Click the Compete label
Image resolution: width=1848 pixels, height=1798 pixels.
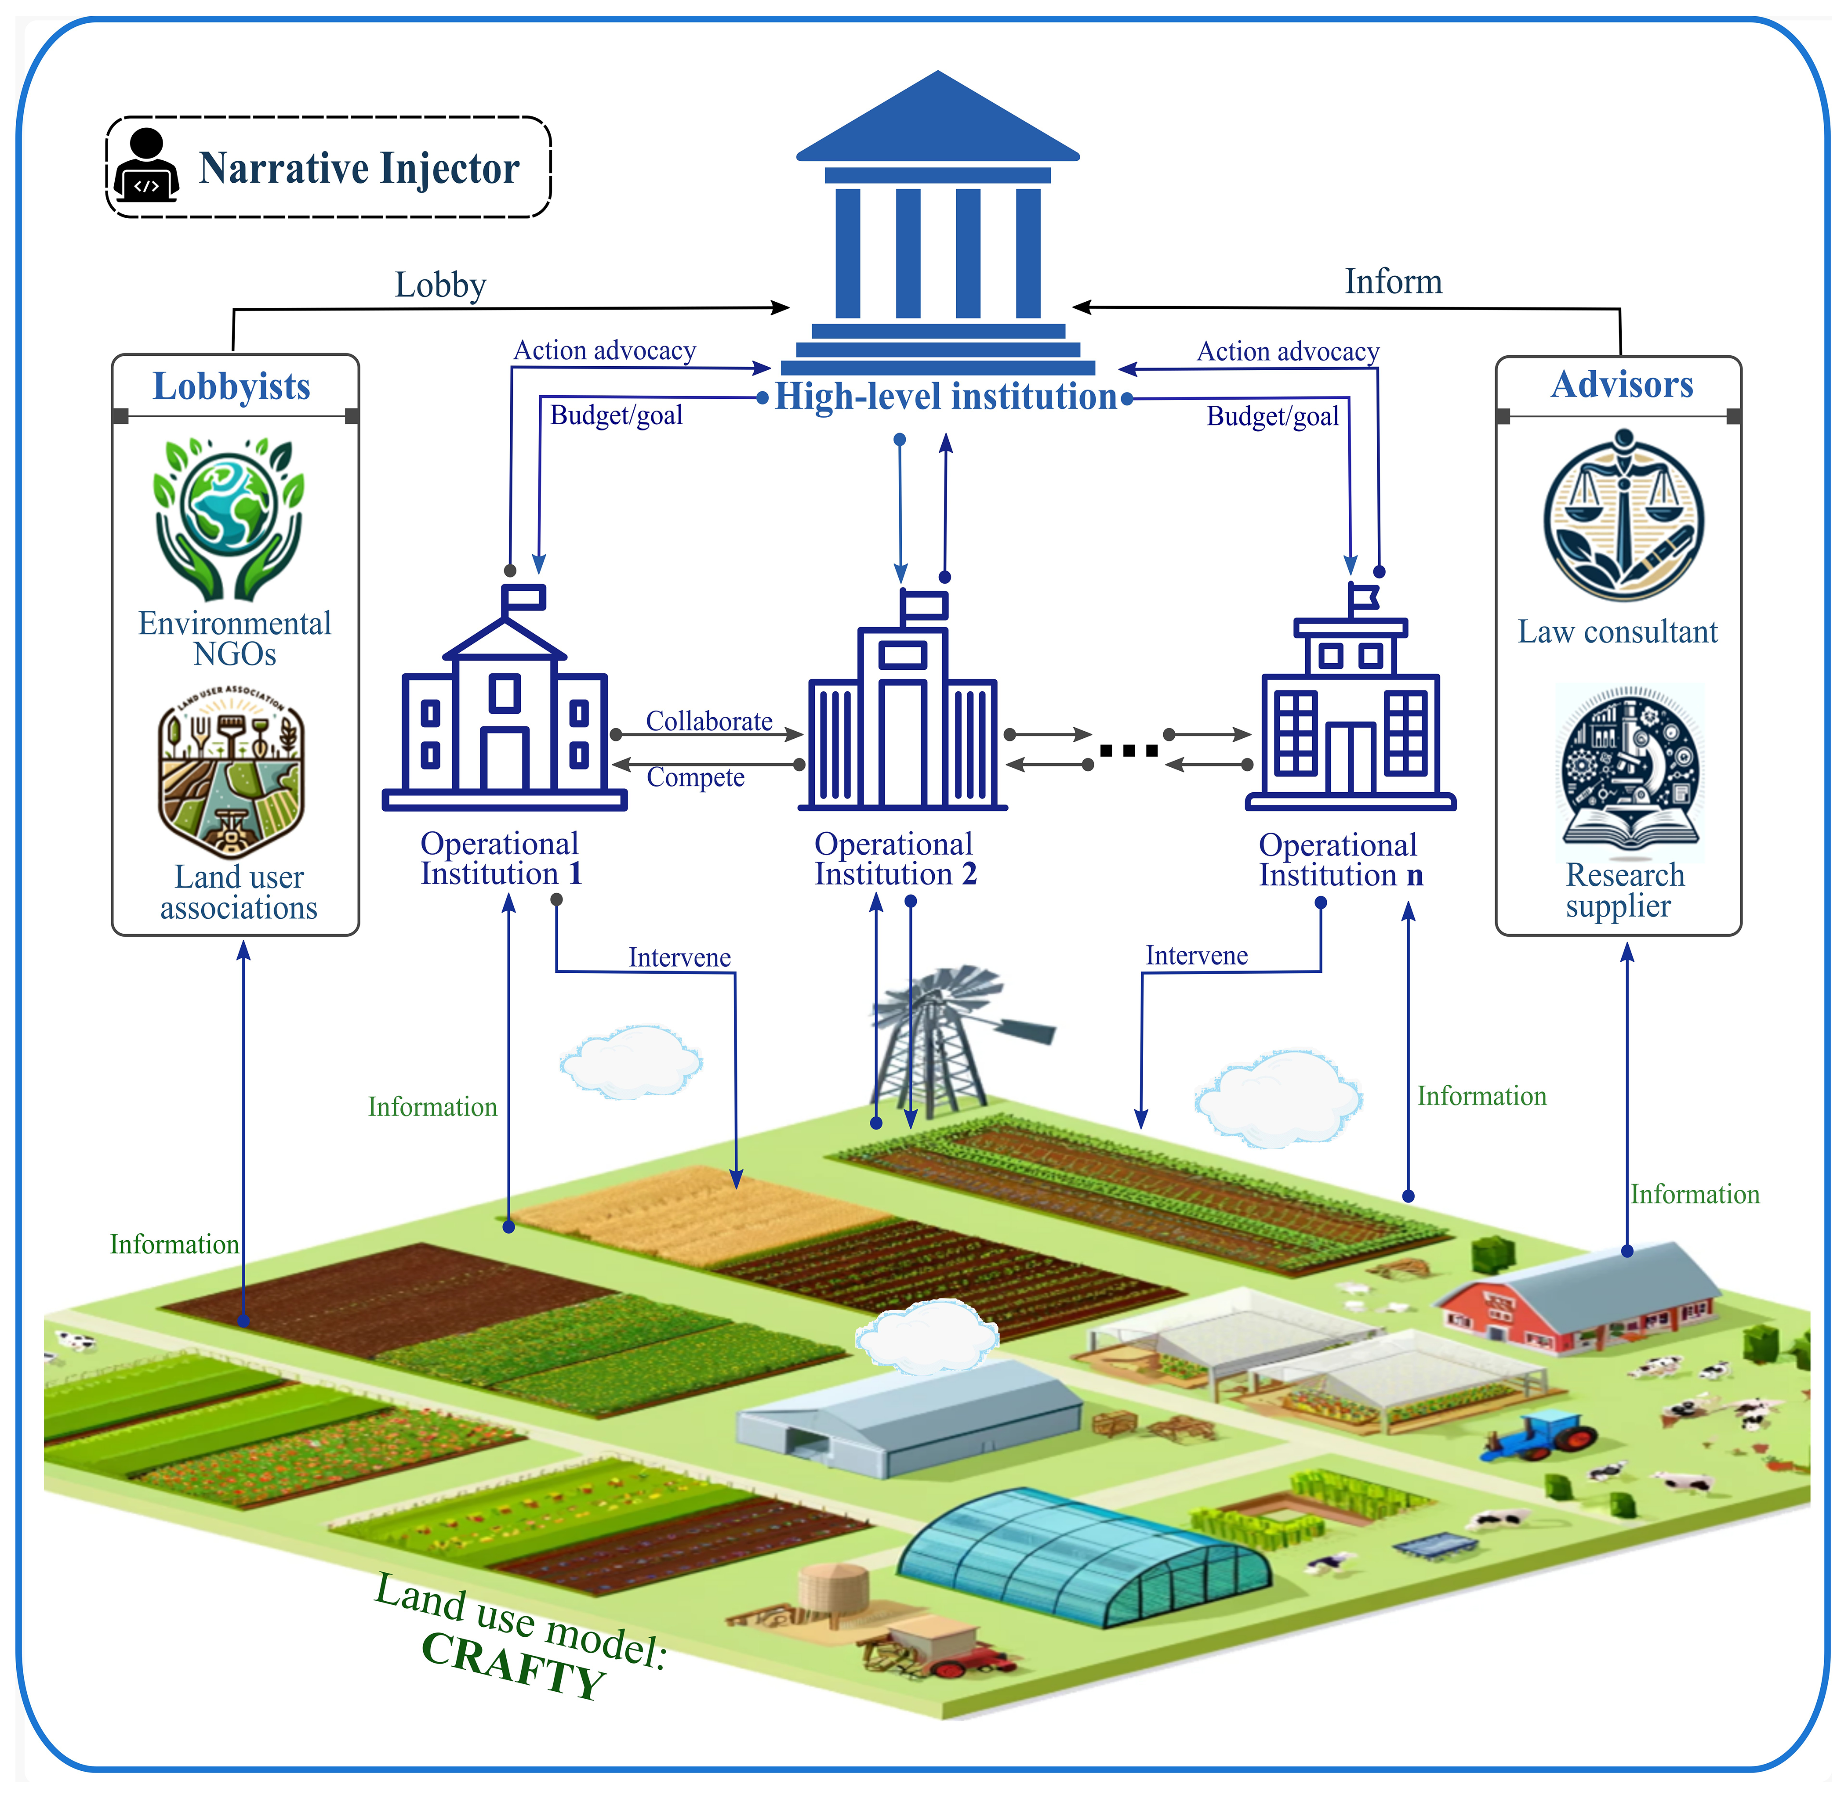pos(695,777)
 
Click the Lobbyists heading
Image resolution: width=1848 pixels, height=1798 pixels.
pos(232,386)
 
